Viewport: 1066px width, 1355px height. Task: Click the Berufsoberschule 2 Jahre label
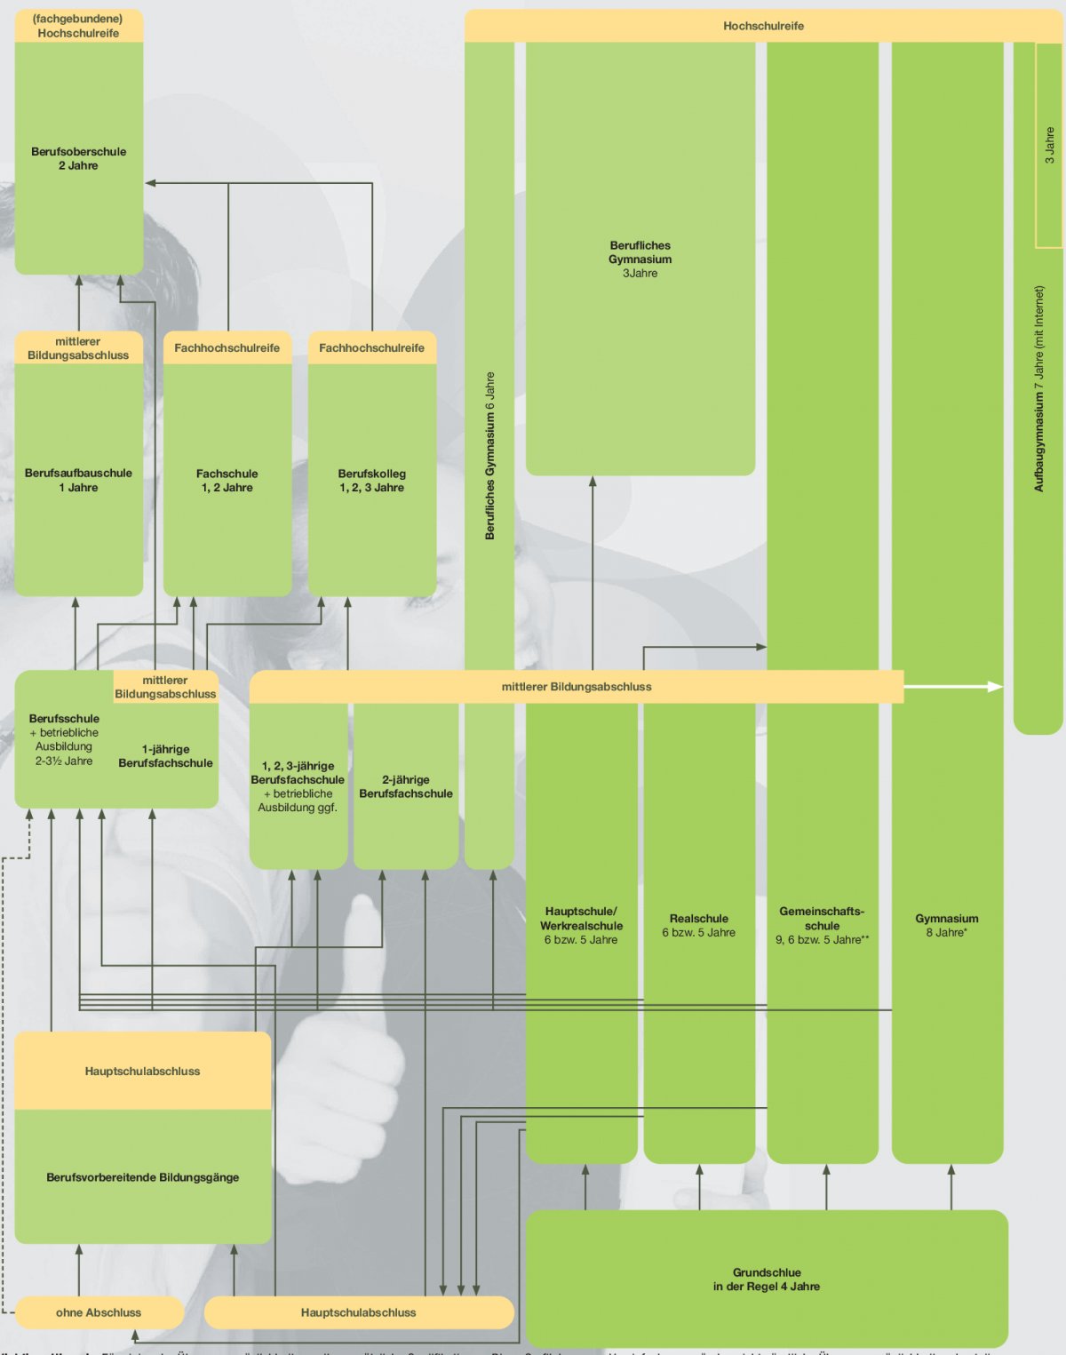[x=78, y=159]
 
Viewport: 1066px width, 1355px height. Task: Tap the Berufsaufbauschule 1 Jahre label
[x=78, y=481]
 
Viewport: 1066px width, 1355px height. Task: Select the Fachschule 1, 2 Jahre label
[x=227, y=481]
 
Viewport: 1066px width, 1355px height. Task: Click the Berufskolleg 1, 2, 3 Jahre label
[x=371, y=481]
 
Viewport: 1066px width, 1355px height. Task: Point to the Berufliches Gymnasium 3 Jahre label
[x=640, y=259]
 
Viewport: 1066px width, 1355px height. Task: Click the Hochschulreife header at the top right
[x=763, y=27]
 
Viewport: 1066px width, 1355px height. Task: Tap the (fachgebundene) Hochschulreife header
[x=78, y=26]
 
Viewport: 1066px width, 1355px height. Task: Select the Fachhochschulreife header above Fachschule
[x=227, y=348]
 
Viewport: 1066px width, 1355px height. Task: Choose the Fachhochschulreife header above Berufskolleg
[x=371, y=348]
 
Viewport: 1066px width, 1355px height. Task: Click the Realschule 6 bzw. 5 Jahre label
[x=699, y=926]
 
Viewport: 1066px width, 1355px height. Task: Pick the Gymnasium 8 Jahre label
[x=947, y=926]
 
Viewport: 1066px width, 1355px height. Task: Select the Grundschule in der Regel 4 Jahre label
[x=767, y=1279]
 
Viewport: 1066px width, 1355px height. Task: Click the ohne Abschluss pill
[x=99, y=1312]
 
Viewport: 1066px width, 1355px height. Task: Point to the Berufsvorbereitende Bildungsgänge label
[x=143, y=1177]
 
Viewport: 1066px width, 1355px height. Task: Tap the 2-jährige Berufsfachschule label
[x=406, y=786]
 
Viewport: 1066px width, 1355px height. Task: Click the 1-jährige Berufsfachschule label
[x=165, y=756]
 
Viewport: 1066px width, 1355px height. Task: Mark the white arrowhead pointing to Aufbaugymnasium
[x=996, y=686]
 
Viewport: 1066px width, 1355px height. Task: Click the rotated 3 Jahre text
[x=1049, y=145]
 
